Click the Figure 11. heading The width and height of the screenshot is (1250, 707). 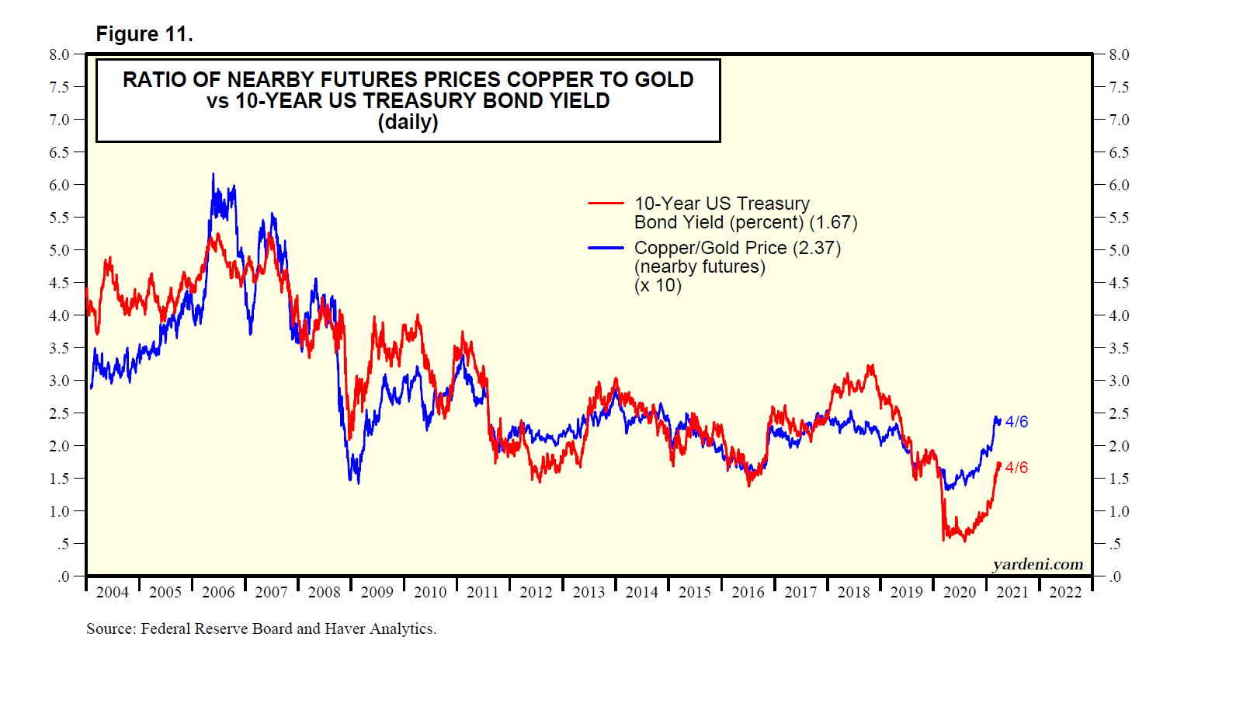[144, 34]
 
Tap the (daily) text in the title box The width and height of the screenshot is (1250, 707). [408, 122]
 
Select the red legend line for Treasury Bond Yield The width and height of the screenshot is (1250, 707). [606, 204]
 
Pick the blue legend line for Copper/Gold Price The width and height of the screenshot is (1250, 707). [606, 248]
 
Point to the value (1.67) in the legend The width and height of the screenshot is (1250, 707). [833, 223]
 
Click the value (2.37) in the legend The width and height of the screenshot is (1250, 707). [817, 249]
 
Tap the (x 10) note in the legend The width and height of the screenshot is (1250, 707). [658, 286]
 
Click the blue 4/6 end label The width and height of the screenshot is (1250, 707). [1016, 422]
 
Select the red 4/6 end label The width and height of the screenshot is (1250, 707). [1016, 468]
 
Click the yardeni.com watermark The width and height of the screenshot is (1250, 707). [1037, 565]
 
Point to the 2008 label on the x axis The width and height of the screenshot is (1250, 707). [324, 593]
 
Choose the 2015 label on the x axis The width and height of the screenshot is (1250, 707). [694, 593]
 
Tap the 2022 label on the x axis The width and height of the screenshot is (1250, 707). [1064, 593]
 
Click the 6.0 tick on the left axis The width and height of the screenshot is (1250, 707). [59, 186]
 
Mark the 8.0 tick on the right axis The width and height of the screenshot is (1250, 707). [1119, 55]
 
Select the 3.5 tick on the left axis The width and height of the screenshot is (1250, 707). [59, 349]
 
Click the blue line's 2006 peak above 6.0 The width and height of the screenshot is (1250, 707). [214, 176]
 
